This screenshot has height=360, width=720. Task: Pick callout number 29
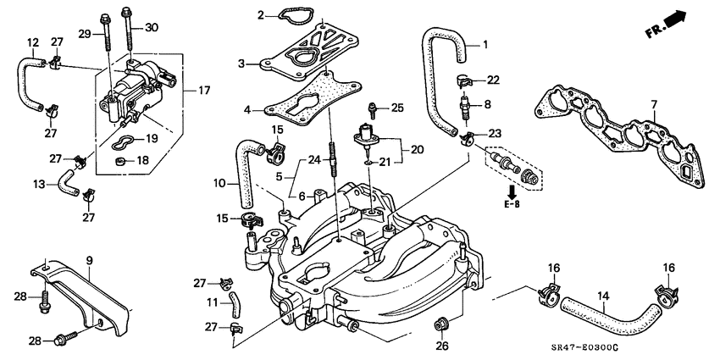pyautogui.click(x=84, y=32)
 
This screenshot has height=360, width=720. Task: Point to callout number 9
pyautogui.click(x=87, y=259)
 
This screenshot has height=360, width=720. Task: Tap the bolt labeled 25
pyautogui.click(x=372, y=108)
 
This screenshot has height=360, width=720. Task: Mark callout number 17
pyautogui.click(x=204, y=90)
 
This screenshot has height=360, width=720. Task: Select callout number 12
pyautogui.click(x=33, y=42)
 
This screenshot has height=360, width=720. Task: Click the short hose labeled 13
pyautogui.click(x=65, y=180)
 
